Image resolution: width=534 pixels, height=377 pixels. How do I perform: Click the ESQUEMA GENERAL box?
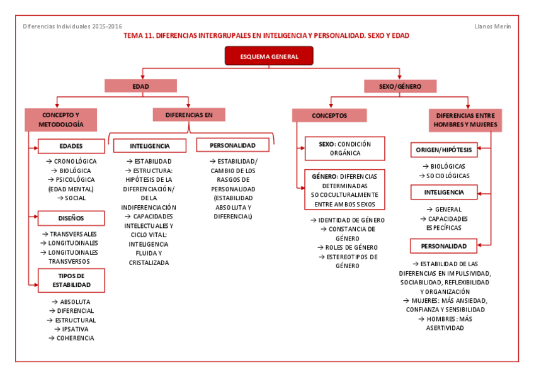(269, 56)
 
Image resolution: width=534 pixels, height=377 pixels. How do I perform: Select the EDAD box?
(140, 86)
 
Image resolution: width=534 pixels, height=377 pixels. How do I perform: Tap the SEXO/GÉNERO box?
(401, 86)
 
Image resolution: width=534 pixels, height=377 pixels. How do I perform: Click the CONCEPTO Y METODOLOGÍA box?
(61, 120)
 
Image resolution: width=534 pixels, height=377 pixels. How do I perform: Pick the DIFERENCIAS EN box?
(189, 115)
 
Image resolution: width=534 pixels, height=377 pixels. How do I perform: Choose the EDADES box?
(71, 147)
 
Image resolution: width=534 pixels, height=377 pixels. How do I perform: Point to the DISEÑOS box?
(71, 218)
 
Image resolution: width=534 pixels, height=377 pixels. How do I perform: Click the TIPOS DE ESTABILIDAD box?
(71, 280)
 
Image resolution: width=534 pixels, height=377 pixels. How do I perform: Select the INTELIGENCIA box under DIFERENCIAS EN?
(150, 146)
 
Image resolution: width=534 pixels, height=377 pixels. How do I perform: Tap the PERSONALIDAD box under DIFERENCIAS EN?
(233, 145)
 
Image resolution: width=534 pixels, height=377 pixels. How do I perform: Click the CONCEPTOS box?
(329, 116)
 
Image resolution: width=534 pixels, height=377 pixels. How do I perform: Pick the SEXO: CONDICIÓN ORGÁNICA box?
(344, 148)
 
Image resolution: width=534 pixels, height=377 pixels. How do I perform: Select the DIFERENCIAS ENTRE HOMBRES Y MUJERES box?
(465, 120)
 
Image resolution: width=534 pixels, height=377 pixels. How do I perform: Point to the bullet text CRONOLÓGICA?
(75, 162)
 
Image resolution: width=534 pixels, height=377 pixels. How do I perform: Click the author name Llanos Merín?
(492, 26)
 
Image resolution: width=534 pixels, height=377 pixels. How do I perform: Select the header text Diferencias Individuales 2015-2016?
(72, 26)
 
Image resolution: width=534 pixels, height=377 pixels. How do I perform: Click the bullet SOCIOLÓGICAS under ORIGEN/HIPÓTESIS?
(447, 176)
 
